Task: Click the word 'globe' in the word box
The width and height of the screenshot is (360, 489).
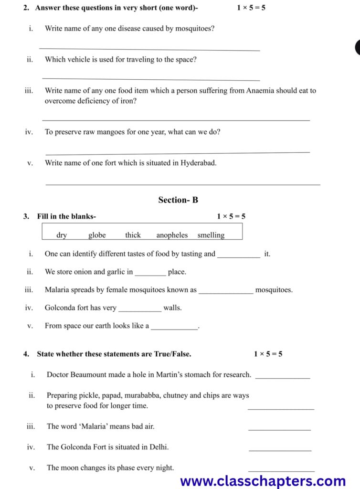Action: (x=97, y=235)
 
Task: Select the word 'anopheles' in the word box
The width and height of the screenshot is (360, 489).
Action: (x=172, y=235)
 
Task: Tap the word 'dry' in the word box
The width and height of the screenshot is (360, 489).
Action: (x=62, y=235)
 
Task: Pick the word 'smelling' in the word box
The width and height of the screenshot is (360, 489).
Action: (x=211, y=235)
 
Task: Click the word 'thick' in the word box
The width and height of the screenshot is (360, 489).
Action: (x=133, y=235)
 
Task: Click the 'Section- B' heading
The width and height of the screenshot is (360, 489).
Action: (x=178, y=200)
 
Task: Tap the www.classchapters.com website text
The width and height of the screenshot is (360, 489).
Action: (x=263, y=480)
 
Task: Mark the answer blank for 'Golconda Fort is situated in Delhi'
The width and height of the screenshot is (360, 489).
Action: (x=280, y=450)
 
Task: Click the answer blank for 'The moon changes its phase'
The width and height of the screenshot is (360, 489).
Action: (x=281, y=471)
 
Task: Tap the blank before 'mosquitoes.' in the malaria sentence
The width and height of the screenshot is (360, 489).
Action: (x=225, y=293)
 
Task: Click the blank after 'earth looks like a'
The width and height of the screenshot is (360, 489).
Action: (x=174, y=329)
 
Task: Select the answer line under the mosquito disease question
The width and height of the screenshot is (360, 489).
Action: (x=149, y=49)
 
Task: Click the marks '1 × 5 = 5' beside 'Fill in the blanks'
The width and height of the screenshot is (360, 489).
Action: (x=231, y=216)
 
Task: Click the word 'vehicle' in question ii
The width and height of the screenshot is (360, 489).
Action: (x=78, y=60)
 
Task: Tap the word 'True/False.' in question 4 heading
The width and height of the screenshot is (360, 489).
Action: (x=172, y=354)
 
